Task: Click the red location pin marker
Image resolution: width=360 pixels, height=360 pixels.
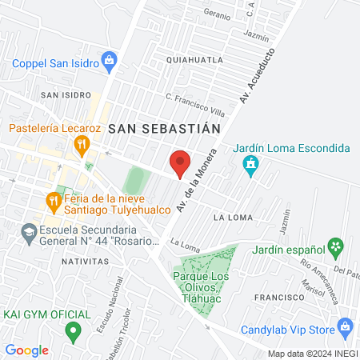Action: (x=180, y=163)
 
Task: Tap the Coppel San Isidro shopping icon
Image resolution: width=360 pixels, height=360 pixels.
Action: (x=110, y=60)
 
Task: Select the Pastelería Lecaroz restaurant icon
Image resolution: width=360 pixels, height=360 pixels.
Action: (x=81, y=145)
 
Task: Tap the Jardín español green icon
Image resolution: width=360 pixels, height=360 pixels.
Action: (x=337, y=246)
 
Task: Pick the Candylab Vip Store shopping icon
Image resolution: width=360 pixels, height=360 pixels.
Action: (x=345, y=326)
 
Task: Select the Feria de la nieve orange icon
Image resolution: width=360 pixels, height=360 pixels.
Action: (x=54, y=200)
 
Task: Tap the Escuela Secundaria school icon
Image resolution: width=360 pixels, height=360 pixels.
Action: (x=29, y=232)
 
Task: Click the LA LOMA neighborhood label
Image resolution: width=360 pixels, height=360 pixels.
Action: (x=234, y=217)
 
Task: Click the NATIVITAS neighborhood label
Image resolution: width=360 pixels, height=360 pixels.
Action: (x=85, y=261)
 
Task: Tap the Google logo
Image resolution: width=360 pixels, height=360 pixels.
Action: (x=27, y=350)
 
